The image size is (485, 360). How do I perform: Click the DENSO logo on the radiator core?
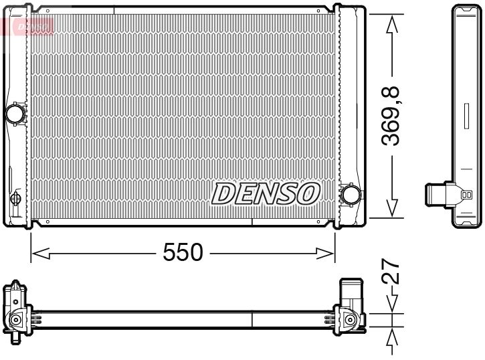click(x=266, y=193)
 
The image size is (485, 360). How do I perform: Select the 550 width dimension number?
click(x=183, y=252)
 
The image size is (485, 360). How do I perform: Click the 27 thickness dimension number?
click(x=393, y=272)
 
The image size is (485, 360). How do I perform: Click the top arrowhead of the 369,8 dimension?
click(x=393, y=22)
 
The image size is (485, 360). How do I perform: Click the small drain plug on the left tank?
click(x=15, y=199)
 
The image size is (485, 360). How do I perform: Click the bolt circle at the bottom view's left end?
click(x=13, y=321)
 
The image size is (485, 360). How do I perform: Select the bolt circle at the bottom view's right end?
click(x=350, y=321)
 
